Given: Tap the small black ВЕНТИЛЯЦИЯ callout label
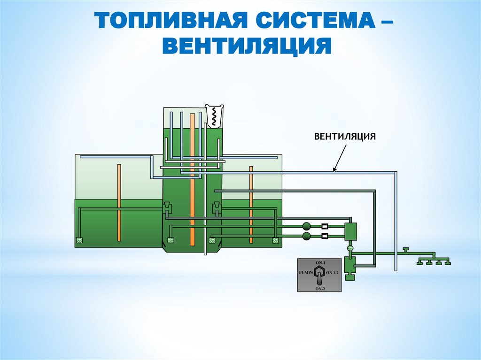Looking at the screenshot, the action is (x=345, y=137).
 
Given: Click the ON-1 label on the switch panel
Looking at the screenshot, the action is (x=320, y=261).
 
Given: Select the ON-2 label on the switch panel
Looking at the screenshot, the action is (x=320, y=289).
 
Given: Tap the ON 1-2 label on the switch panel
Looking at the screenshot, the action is (x=332, y=272).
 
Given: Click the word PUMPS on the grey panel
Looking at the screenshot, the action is (x=306, y=272).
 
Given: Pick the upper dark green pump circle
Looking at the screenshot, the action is (x=307, y=226).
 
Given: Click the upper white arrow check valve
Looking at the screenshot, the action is (x=325, y=226).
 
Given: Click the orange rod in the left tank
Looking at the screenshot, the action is (x=120, y=202).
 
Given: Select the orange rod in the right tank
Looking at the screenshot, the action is (x=251, y=204).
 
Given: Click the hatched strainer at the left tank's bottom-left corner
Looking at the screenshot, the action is (x=79, y=241).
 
